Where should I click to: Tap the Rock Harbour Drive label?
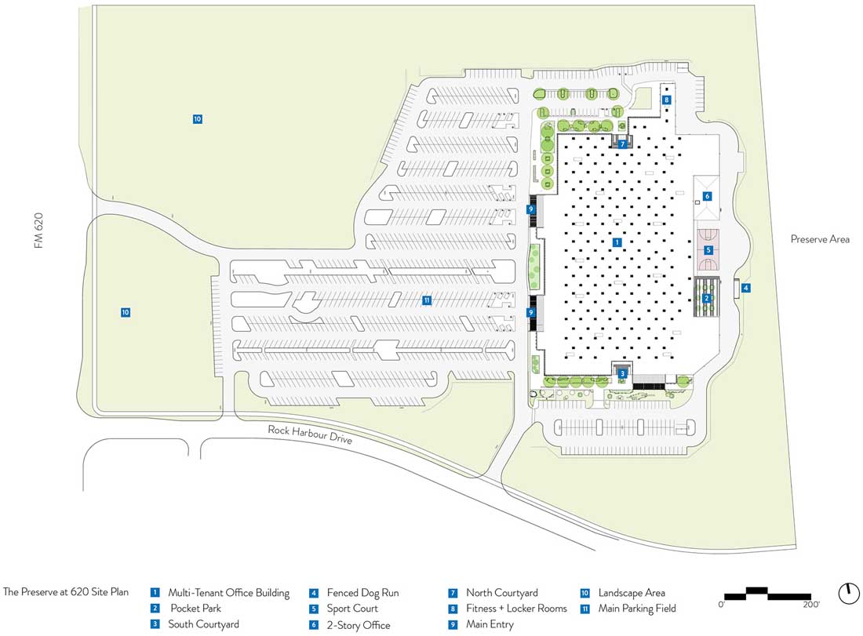[310, 434]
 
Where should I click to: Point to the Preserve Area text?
[820, 239]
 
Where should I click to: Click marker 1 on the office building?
[617, 243]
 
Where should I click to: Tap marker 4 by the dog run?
[746, 288]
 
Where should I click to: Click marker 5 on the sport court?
[708, 250]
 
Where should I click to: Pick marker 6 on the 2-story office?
[707, 196]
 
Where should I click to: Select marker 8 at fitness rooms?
[666, 100]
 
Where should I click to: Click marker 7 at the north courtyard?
[622, 144]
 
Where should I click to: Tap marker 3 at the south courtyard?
[622, 374]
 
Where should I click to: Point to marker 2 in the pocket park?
[707, 298]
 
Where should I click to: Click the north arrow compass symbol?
[849, 594]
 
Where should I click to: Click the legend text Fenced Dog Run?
[363, 594]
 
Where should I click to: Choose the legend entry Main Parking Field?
[636, 609]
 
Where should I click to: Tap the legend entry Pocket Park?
[195, 609]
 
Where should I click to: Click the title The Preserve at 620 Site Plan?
[66, 593]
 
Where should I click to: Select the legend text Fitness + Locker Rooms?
[516, 609]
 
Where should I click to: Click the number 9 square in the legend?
[453, 625]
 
